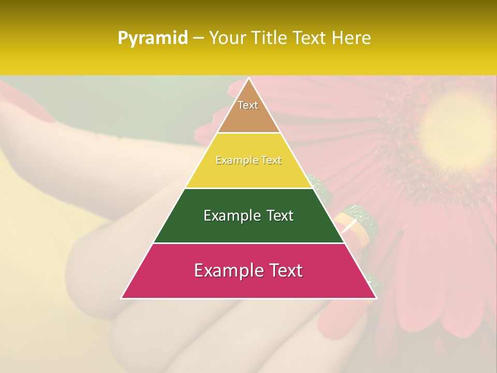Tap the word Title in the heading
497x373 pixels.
[271, 38]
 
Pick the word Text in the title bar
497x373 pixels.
[310, 38]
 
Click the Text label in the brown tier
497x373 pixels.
[248, 105]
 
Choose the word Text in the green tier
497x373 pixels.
[280, 216]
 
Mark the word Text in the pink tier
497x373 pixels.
[284, 270]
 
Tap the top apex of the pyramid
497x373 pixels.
[248, 79]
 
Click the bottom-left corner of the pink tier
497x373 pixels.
[122, 297]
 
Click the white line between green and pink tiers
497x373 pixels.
[248, 243]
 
